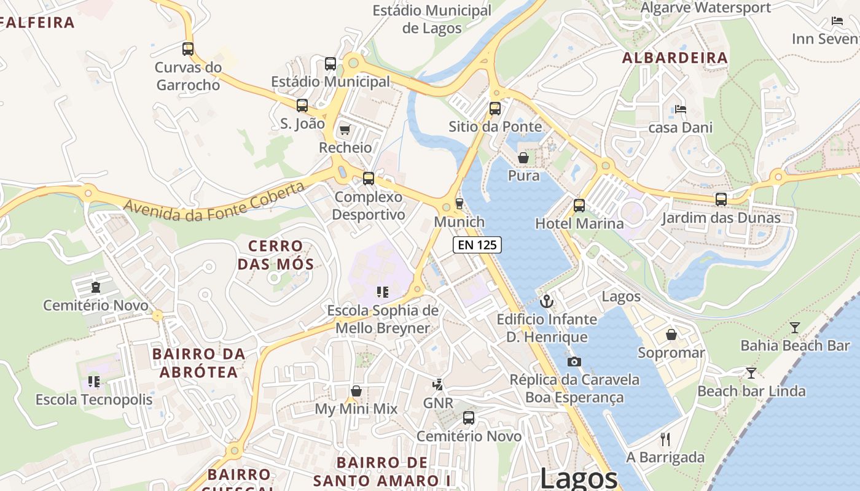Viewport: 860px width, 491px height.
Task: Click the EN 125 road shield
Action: (477, 245)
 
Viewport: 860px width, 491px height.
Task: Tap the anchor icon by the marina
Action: (546, 301)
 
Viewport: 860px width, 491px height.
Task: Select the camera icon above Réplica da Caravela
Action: (574, 361)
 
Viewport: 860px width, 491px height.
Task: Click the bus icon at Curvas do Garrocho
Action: (188, 49)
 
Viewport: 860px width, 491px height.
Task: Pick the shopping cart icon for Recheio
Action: (345, 130)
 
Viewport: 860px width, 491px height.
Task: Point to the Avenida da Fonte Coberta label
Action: (214, 201)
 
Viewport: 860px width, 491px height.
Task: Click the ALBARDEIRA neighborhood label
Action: (674, 58)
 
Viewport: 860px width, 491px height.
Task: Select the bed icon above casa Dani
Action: (680, 109)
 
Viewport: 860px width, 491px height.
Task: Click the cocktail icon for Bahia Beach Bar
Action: (795, 327)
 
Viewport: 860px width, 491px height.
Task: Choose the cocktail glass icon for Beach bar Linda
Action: (751, 373)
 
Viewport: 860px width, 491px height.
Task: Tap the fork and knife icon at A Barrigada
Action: (665, 439)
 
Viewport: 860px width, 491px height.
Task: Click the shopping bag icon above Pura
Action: (523, 158)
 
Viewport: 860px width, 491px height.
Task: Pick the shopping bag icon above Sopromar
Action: (671, 334)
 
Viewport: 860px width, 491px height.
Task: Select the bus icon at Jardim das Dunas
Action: (721, 199)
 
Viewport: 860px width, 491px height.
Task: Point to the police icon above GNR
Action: (437, 385)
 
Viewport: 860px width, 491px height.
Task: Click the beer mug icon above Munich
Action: (459, 204)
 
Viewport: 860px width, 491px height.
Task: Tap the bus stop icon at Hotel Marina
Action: (579, 206)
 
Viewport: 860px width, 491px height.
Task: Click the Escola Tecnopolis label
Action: (94, 400)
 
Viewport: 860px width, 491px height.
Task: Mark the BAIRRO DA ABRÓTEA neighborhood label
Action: (198, 363)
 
